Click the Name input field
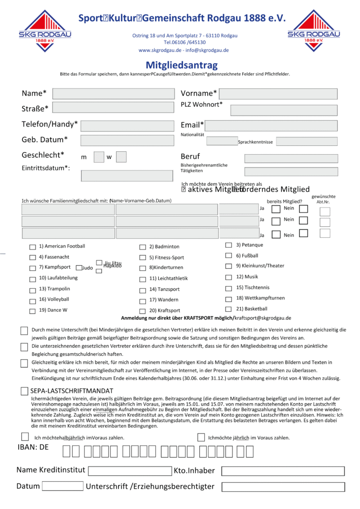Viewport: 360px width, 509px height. (x=113, y=94)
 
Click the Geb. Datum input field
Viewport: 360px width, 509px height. (x=127, y=140)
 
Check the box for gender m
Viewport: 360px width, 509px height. (x=99, y=157)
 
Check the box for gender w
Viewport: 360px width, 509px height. (x=121, y=157)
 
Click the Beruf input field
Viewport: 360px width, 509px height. (x=291, y=159)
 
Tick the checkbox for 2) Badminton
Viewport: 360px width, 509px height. (x=143, y=247)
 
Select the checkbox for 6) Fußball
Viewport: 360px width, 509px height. (x=228, y=255)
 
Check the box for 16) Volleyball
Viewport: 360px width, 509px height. (x=33, y=300)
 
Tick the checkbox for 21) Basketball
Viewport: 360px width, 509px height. (x=228, y=309)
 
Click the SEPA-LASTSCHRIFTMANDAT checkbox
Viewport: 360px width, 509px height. (x=25, y=391)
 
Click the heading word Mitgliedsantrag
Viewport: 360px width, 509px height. (x=181, y=65)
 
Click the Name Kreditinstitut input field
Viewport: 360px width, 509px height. (x=130, y=470)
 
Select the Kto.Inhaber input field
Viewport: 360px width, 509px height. (x=282, y=471)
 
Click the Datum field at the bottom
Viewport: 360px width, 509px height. (x=62, y=486)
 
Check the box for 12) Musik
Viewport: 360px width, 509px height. (x=228, y=277)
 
